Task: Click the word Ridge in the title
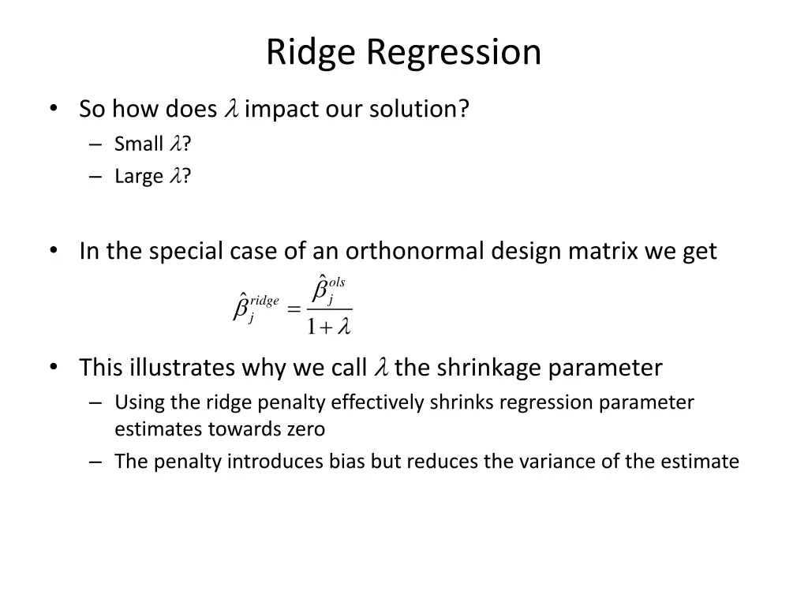point(311,53)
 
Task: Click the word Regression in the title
point(453,53)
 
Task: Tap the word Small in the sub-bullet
point(138,144)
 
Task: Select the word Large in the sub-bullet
point(138,176)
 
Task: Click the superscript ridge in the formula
point(264,301)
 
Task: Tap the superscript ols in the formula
point(337,282)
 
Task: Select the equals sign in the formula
point(294,310)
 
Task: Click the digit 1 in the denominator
point(312,327)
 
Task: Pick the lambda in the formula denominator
point(343,327)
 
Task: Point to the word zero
point(305,429)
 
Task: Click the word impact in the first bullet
point(276,109)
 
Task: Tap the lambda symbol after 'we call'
point(382,368)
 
